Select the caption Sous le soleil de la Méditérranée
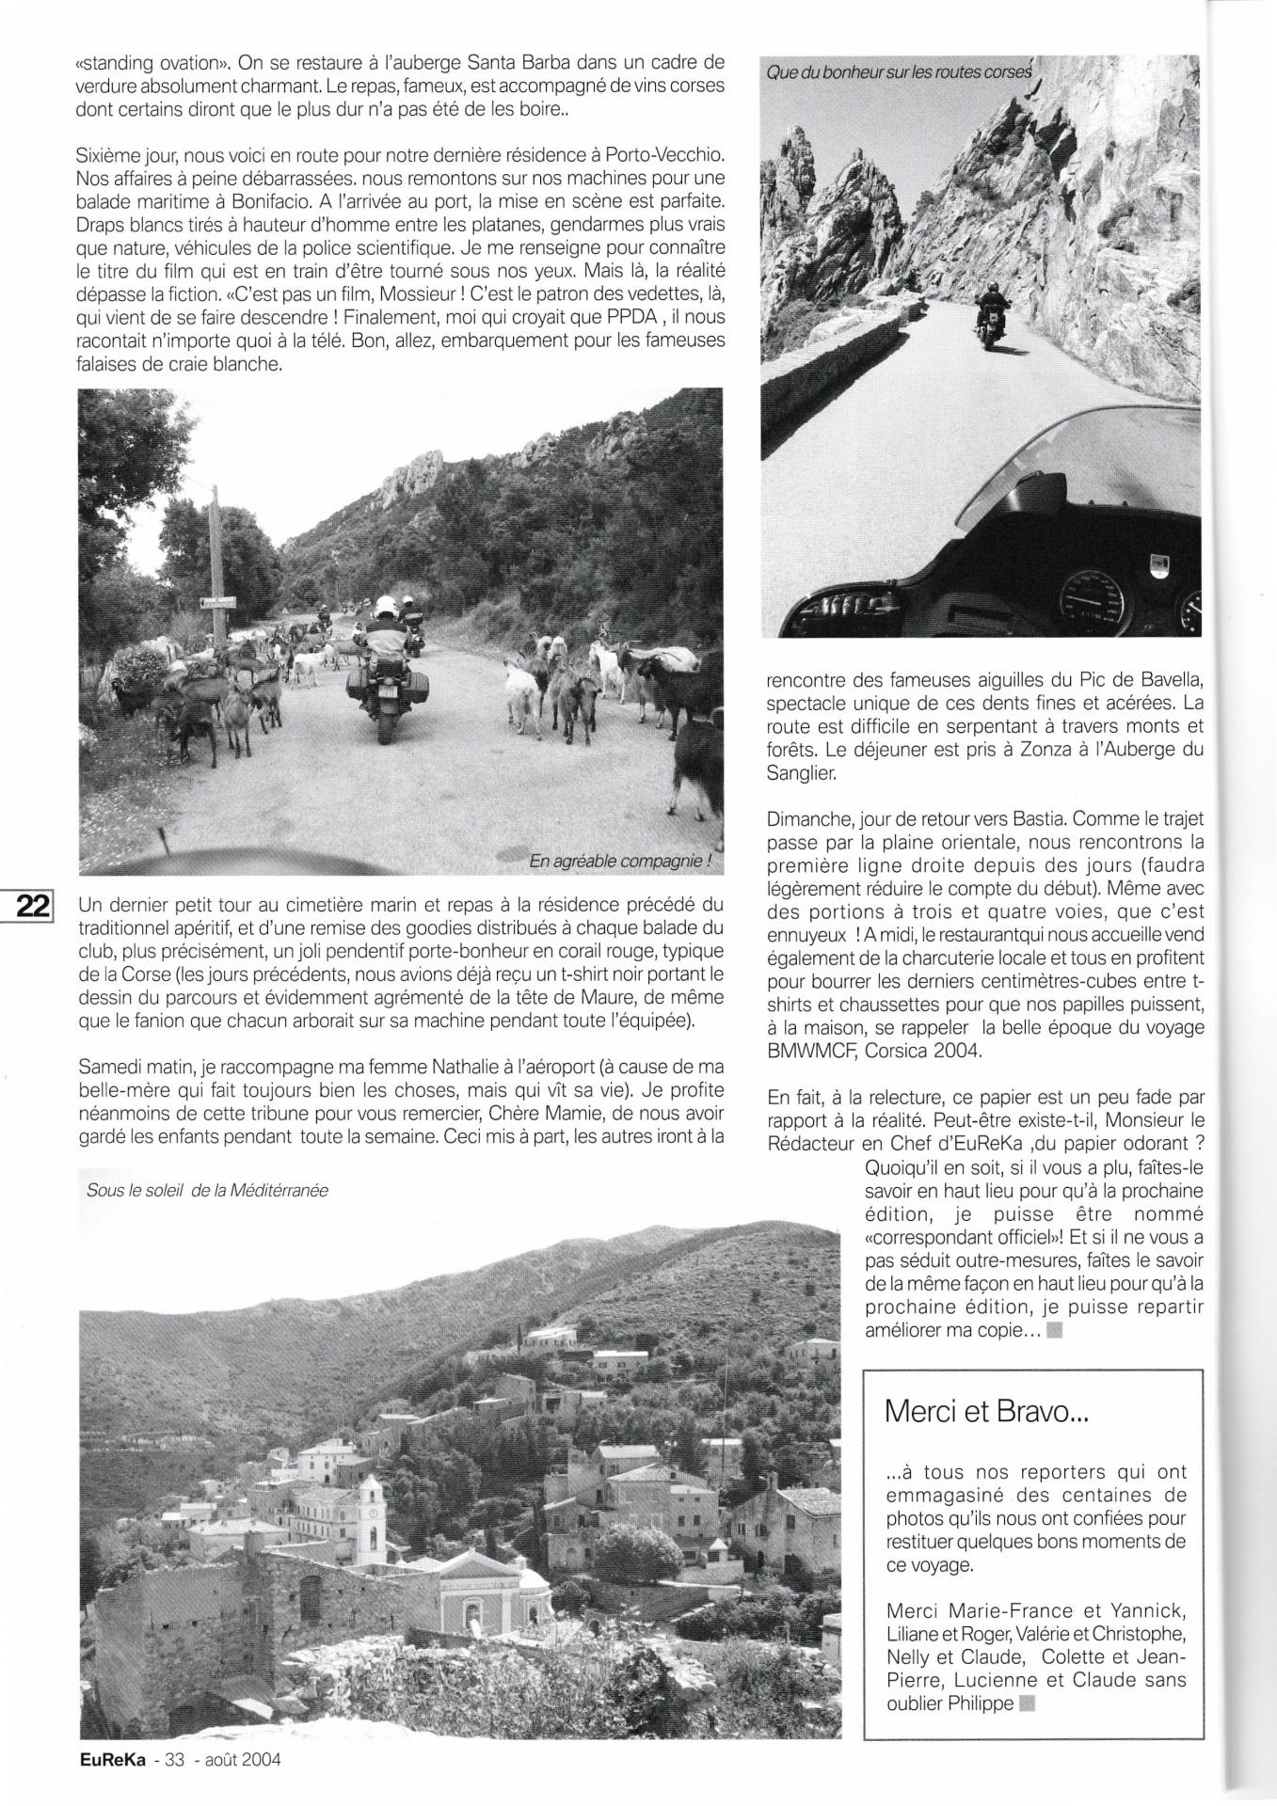click(x=206, y=1190)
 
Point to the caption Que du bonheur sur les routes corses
click(x=899, y=71)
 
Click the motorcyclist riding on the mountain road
click(x=991, y=314)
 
